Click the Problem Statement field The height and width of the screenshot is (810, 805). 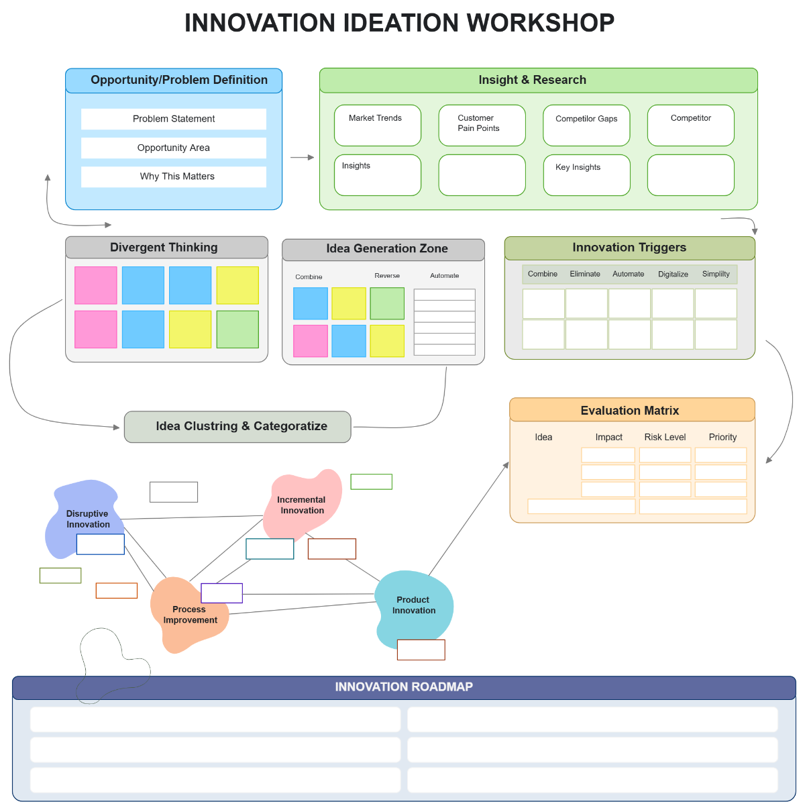(174, 119)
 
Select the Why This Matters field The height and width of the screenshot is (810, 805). (174, 176)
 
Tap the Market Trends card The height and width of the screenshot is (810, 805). (377, 125)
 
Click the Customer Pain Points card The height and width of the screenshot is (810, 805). (482, 125)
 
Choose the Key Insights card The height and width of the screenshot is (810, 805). (586, 175)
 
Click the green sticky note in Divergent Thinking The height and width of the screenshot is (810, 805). (237, 329)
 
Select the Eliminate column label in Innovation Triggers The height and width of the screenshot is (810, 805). (585, 274)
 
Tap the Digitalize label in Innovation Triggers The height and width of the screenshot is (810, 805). (673, 274)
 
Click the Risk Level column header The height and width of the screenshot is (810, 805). (665, 437)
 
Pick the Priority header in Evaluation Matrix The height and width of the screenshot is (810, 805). (722, 437)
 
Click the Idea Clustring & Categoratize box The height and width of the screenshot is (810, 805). (237, 427)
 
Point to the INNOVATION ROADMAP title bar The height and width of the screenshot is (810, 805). (404, 687)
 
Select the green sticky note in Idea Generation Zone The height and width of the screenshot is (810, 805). (387, 303)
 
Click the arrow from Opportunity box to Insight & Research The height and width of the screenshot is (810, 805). (302, 158)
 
